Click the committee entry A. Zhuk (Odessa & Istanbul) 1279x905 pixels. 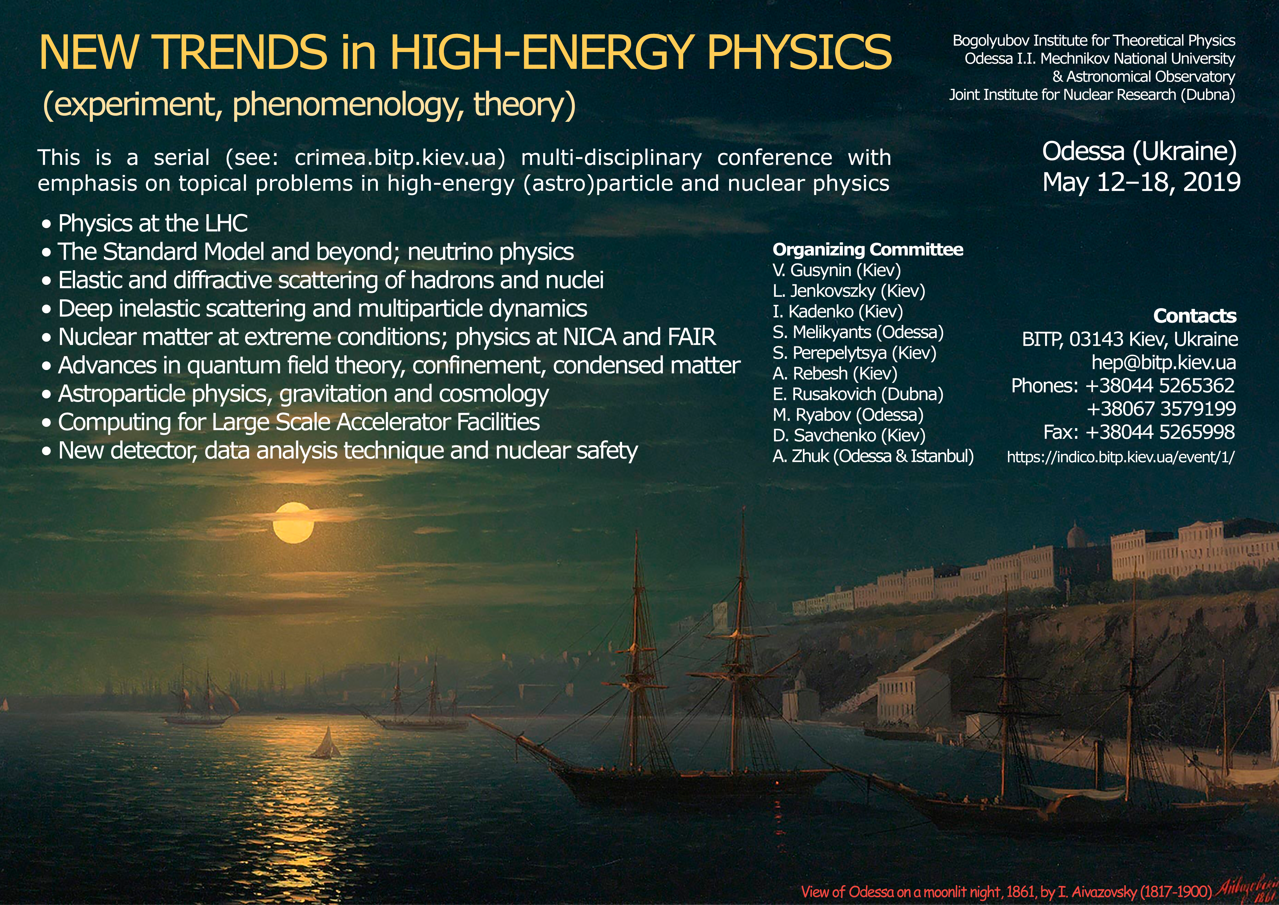(x=873, y=456)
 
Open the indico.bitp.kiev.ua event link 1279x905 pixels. (x=1121, y=457)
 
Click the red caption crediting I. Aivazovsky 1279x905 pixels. (x=1007, y=891)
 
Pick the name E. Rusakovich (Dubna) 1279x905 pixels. (x=858, y=394)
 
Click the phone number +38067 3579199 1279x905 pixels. (x=1161, y=409)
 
